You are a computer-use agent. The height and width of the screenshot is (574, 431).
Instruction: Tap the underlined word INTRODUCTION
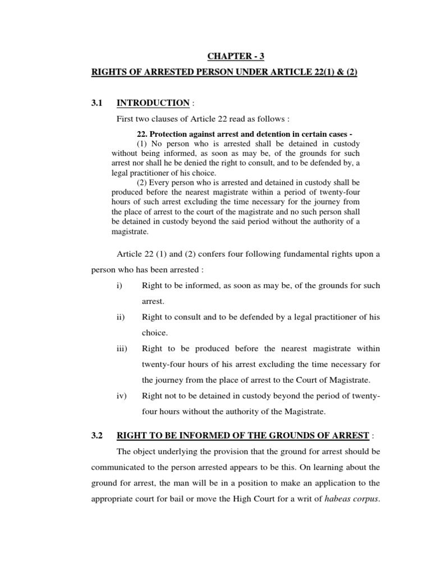click(153, 103)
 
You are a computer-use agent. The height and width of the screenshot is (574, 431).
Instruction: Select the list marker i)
click(120, 285)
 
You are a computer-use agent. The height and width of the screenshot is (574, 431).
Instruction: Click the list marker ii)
click(121, 317)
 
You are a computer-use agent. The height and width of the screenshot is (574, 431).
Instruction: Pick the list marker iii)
click(122, 348)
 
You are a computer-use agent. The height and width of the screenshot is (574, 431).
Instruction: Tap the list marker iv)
click(121, 395)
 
